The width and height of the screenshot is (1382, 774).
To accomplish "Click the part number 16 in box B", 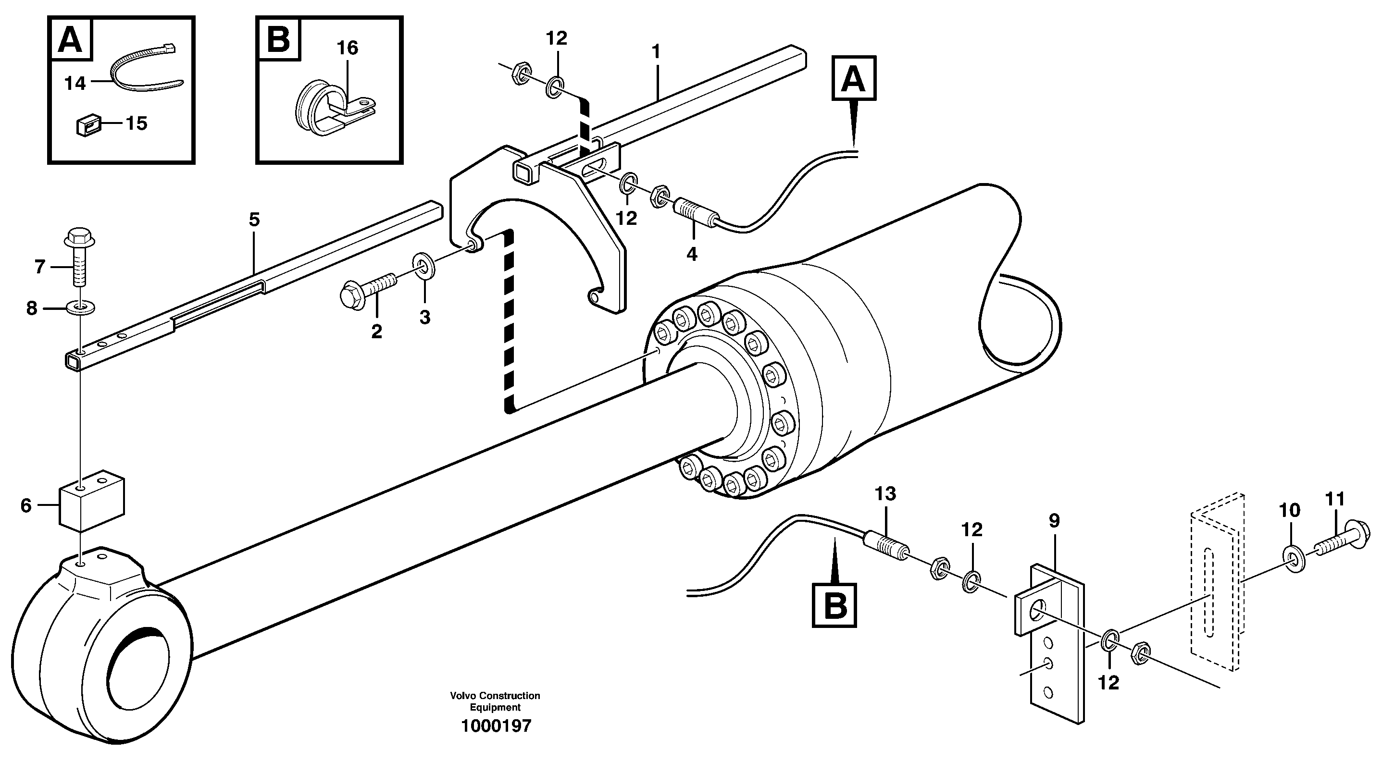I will click(x=347, y=48).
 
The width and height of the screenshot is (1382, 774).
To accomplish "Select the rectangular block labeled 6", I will click(x=92, y=499).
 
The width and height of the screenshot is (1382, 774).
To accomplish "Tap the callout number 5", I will click(x=254, y=220).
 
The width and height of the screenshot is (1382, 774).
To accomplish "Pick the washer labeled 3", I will click(x=424, y=267).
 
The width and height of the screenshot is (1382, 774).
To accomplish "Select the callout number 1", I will click(x=656, y=52).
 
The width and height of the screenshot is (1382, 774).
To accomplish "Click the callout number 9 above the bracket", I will click(x=1054, y=520).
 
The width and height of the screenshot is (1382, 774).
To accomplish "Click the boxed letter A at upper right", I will click(x=854, y=78).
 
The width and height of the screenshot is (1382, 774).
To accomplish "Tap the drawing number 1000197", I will click(x=496, y=726).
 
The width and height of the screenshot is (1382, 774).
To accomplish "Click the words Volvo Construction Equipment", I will click(x=495, y=701).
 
